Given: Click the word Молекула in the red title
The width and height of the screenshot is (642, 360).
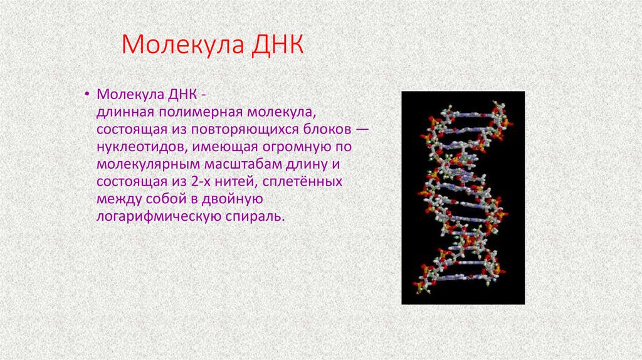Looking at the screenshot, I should pos(181,45).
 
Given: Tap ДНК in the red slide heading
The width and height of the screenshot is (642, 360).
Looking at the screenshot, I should pos(276,45).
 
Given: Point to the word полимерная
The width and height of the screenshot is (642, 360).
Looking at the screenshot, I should pos(196,111).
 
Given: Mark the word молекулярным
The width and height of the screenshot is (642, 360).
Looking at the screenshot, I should pos(147,164).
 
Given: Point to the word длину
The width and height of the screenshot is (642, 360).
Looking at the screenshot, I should pos(305,164).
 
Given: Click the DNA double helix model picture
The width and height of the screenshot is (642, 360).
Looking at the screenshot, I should pos(463,198).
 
